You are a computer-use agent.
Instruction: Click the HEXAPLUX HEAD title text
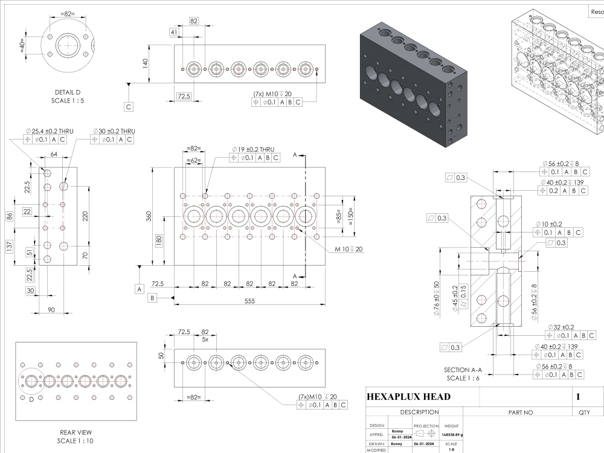[408, 396]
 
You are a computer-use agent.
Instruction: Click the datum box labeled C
[129, 106]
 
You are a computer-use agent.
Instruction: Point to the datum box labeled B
[152, 297]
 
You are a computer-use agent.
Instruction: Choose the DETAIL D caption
[68, 92]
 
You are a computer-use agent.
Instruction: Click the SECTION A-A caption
[464, 370]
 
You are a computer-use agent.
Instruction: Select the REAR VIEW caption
[75, 432]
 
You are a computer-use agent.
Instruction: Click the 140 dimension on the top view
[145, 63]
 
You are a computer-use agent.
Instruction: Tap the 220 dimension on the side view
[85, 216]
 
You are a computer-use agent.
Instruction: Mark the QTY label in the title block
[584, 413]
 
